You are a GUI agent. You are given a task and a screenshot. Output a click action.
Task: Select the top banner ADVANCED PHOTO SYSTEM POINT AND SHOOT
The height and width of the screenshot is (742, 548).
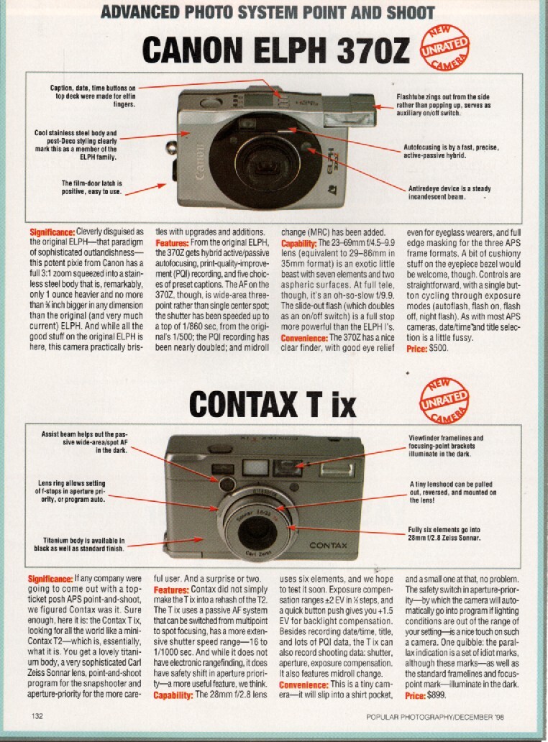click(267, 12)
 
